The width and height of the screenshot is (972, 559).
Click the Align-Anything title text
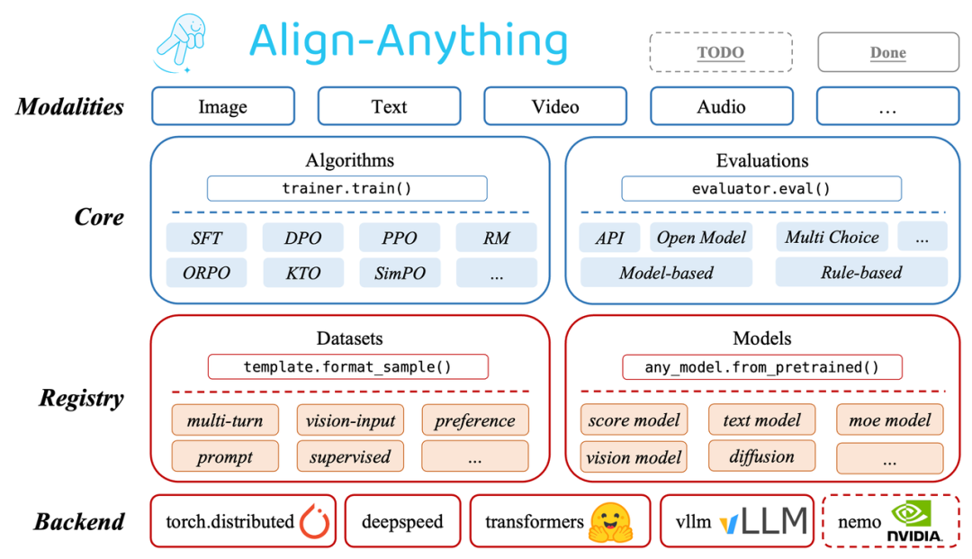[408, 41]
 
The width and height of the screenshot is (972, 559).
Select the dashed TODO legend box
[721, 52]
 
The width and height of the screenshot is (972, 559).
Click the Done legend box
[887, 52]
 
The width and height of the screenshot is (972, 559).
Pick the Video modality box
[555, 106]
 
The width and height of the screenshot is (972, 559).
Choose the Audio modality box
[721, 106]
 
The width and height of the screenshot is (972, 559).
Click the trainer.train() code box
[346, 188]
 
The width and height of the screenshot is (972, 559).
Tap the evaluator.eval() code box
[761, 188]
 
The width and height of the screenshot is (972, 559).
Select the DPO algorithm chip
[302, 239]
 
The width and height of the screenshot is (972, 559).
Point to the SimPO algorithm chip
[400, 273]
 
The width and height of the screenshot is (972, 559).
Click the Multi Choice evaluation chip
[832, 238]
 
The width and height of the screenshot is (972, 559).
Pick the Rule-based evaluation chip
[861, 272]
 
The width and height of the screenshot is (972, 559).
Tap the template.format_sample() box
[347, 366]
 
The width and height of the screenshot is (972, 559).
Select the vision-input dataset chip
[350, 420]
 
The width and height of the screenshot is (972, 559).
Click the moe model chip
[889, 419]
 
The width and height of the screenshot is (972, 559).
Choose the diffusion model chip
[761, 455]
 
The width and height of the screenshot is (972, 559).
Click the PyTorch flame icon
[314, 521]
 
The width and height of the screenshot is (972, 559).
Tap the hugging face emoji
[610, 522]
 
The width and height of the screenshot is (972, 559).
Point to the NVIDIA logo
[914, 521]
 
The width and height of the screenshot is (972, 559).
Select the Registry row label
[81, 398]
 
